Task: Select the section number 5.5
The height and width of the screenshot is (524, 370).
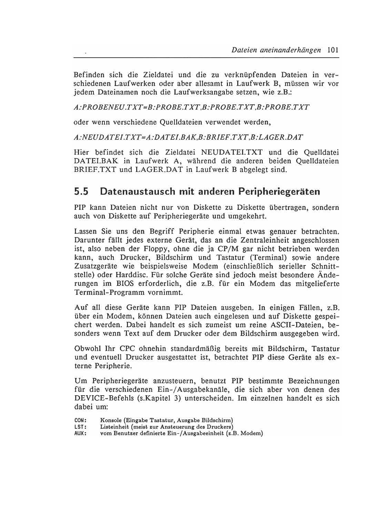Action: point(81,192)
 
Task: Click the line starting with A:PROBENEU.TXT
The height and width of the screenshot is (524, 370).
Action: point(191,107)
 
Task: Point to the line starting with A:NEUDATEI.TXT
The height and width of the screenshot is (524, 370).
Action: point(188,137)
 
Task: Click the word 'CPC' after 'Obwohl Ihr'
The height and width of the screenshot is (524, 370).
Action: point(123,349)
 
